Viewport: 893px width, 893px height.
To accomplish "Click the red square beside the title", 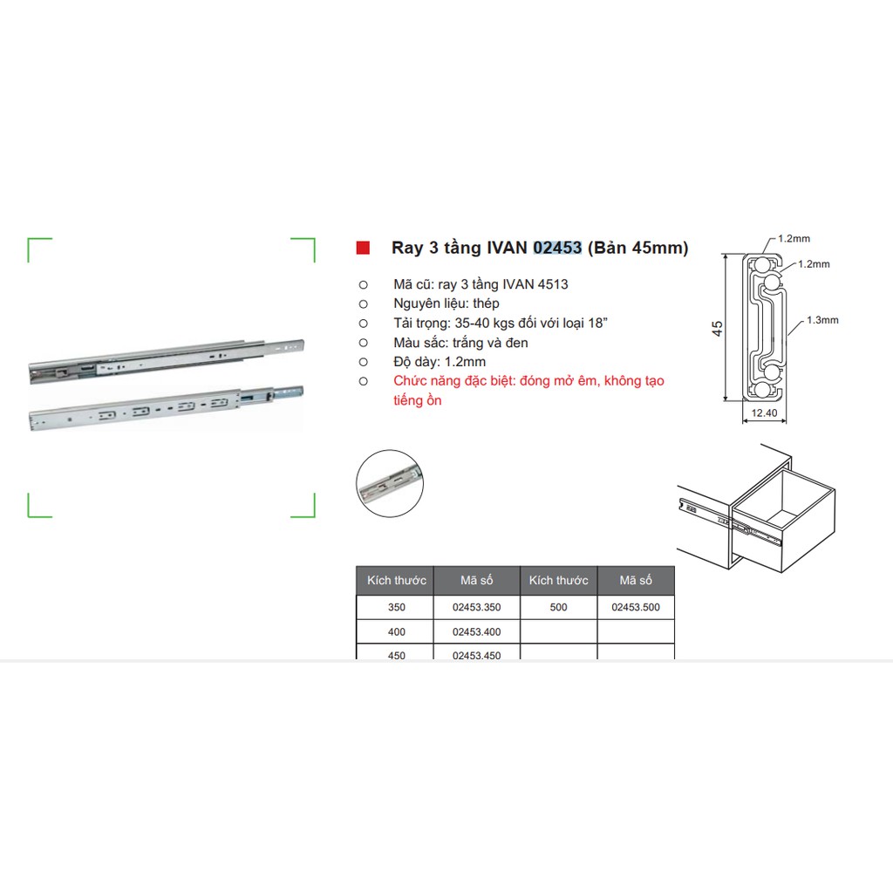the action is tap(363, 248).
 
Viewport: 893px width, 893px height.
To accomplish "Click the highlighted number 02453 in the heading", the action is tap(557, 248).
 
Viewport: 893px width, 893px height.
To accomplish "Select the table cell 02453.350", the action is tap(477, 607).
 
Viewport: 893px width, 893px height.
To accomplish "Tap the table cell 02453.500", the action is tap(636, 607).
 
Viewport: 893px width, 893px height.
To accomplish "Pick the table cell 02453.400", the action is tap(477, 631).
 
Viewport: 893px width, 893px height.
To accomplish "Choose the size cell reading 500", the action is tap(559, 607).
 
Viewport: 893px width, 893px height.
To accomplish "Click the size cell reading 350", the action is tap(397, 607).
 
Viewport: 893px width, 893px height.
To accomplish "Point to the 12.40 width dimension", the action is tap(764, 412).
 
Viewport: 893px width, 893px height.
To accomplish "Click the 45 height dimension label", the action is tap(717, 329).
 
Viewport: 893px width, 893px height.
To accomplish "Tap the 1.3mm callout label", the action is tap(822, 320).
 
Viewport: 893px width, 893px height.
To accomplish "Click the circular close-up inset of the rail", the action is tap(390, 483).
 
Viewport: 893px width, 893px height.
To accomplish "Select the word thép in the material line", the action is tap(486, 303).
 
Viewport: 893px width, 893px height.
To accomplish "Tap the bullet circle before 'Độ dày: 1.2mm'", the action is tap(364, 362).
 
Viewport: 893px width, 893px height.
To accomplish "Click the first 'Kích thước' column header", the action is tap(397, 580).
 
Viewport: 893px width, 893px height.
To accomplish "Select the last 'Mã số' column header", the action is tap(636, 580).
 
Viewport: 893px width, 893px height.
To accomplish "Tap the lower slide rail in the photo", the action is tap(166, 407).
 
